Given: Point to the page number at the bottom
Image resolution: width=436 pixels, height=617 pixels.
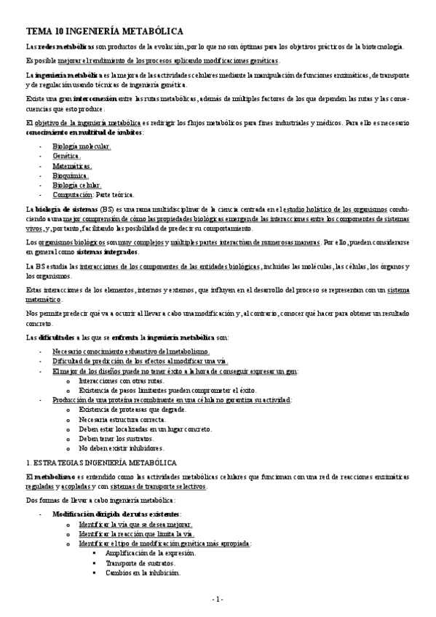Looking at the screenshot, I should (x=218, y=599).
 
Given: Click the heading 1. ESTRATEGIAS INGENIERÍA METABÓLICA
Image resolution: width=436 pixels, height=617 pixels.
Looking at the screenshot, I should (x=100, y=463).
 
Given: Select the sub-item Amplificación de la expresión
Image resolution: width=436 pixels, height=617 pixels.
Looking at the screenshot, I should (x=150, y=553).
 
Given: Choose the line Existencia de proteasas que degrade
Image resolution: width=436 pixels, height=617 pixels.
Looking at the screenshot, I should (x=132, y=410).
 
